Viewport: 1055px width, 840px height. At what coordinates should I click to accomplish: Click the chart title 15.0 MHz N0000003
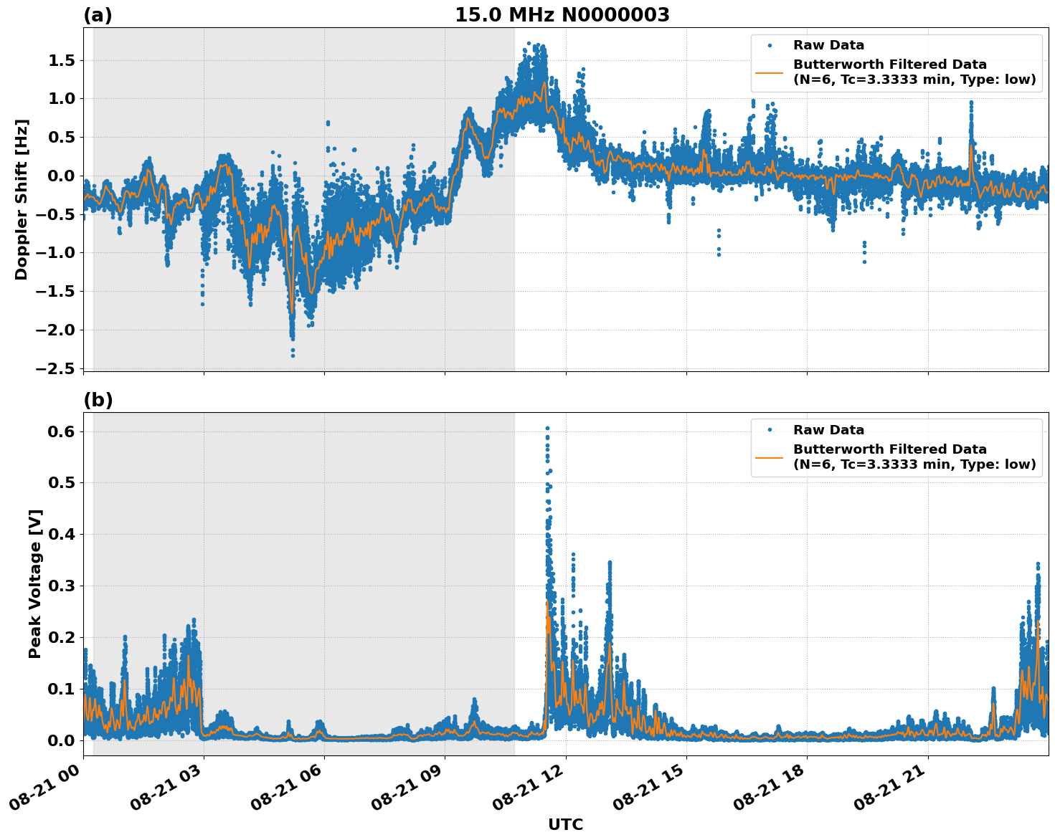[562, 15]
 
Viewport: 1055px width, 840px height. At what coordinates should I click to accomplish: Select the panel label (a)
[98, 15]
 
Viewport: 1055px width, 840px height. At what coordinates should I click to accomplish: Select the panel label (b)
[98, 400]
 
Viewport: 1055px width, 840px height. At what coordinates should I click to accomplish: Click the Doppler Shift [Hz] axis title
[22, 199]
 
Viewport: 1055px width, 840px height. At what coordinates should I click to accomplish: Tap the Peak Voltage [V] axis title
[35, 583]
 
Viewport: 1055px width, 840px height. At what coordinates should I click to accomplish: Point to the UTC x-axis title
[565, 824]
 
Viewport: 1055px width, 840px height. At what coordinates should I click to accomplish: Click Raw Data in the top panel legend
[828, 45]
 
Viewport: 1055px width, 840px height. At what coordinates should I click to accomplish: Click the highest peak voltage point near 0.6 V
[547, 429]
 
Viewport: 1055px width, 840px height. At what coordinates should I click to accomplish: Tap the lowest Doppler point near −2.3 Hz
[293, 355]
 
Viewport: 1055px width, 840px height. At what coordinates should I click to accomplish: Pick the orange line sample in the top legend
[770, 72]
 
